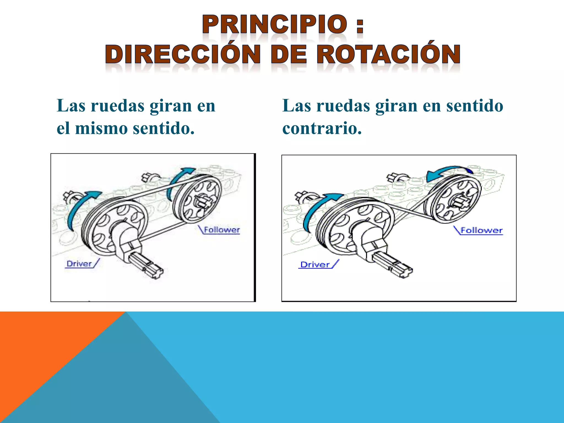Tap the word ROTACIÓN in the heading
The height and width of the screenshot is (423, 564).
[388, 54]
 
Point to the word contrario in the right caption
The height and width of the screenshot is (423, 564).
[322, 128]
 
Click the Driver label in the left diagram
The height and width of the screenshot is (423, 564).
[79, 264]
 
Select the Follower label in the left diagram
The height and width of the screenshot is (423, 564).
[222, 230]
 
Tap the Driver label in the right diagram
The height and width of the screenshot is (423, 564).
[315, 265]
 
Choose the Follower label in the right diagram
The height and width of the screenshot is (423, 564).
[482, 231]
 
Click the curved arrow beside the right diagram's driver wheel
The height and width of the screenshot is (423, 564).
[317, 209]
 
